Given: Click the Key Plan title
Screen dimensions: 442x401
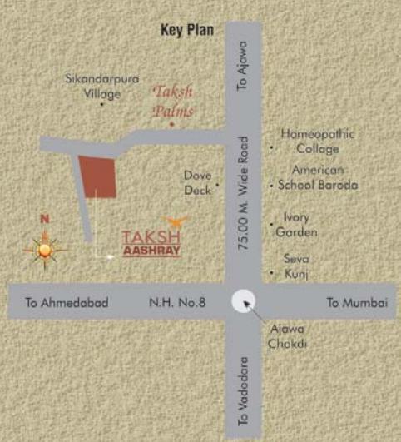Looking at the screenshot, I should point(187,31).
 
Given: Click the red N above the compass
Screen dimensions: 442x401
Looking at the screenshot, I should point(44,220).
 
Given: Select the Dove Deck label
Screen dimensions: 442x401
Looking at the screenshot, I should point(198,183).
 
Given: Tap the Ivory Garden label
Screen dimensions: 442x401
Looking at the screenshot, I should point(297,224).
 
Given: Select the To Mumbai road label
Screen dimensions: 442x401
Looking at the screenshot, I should point(357,303).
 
